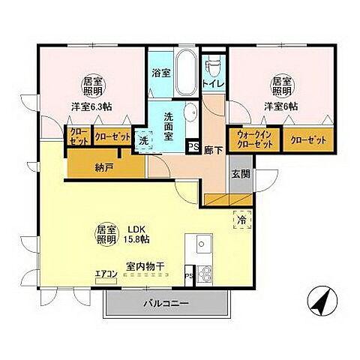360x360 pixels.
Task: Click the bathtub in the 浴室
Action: coord(186,74)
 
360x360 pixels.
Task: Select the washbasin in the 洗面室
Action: coord(191,112)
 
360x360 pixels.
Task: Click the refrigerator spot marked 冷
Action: coord(242,220)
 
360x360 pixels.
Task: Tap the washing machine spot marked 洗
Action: coord(144,140)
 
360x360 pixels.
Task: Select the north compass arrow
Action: coord(322,301)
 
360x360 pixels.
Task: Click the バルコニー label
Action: coord(166,304)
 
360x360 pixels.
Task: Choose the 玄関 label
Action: coord(241,173)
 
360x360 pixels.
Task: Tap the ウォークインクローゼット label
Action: coord(255,139)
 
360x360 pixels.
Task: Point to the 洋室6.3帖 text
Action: coord(91,106)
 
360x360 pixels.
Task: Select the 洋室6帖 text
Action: coord(281,106)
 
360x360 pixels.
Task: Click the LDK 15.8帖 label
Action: coord(136,234)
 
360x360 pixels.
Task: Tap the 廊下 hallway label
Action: coord(213,150)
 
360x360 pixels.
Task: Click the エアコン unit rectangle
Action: coord(106,281)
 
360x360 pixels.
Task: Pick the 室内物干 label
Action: coord(145,266)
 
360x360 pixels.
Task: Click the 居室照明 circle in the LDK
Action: coord(106,234)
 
